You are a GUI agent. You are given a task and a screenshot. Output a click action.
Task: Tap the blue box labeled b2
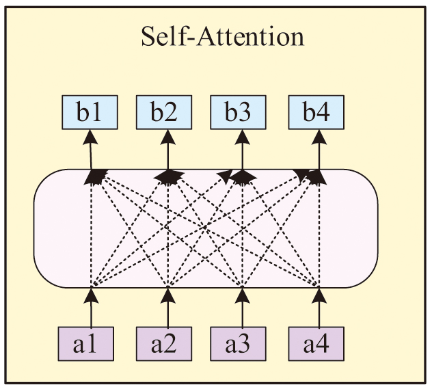[165, 112]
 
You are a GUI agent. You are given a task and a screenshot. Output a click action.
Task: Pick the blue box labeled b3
[239, 112]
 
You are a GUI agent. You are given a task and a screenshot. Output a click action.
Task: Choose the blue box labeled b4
[316, 112]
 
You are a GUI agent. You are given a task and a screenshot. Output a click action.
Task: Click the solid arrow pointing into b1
[91, 150]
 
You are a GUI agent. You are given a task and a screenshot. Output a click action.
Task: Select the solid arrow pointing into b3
[241, 150]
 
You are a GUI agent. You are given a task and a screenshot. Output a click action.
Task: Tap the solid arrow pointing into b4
[319, 150]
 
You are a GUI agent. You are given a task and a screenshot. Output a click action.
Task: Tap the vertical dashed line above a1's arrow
[91, 232]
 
